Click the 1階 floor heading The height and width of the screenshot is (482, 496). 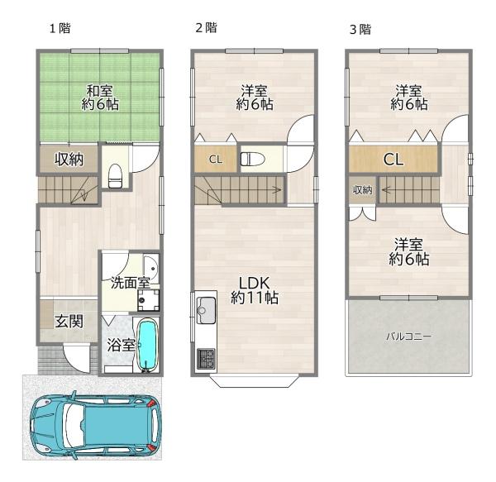(x=60, y=28)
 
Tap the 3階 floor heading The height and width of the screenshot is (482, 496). (x=360, y=30)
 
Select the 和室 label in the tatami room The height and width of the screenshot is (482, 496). (x=100, y=91)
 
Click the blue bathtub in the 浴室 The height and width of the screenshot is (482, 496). (x=148, y=345)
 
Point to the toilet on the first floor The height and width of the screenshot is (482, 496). (x=115, y=176)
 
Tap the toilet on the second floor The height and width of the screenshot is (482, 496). (x=252, y=159)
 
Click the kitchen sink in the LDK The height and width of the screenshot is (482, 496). (x=206, y=310)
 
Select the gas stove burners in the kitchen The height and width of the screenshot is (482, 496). (x=206, y=358)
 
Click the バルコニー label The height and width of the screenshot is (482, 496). (x=408, y=336)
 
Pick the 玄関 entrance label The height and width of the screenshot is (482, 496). (x=69, y=322)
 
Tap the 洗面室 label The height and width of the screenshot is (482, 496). (x=130, y=283)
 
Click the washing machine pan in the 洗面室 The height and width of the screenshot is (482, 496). (x=148, y=300)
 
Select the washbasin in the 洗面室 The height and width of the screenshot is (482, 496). (x=151, y=268)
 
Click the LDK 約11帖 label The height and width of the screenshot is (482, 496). (x=255, y=290)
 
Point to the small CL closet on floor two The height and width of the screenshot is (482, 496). (x=216, y=159)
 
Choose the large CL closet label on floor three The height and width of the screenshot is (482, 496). (x=393, y=159)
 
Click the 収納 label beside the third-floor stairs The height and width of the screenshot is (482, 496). (x=363, y=190)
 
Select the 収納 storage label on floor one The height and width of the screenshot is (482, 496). (x=69, y=159)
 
